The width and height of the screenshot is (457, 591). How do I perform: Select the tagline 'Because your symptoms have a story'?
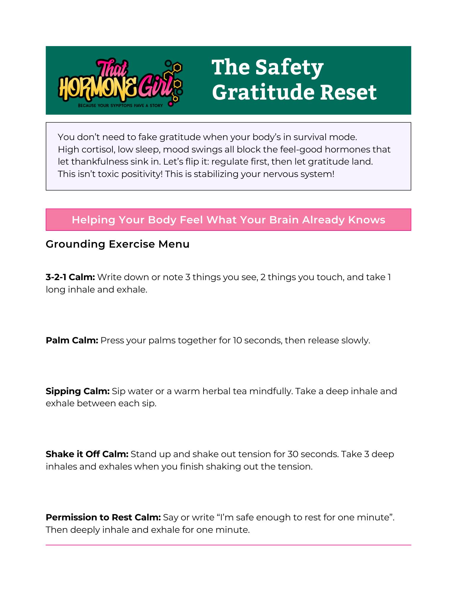point(120,105)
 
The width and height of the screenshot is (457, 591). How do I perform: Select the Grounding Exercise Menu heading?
point(117,244)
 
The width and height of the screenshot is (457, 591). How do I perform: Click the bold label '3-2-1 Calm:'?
point(70,277)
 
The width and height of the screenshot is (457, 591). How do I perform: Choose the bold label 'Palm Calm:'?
point(72,340)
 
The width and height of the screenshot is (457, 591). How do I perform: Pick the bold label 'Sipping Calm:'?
point(77,391)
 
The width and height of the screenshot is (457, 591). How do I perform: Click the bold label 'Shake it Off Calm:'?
point(87,454)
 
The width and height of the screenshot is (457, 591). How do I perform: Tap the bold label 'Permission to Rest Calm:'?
point(103,517)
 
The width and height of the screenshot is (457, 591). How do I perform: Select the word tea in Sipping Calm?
point(240,391)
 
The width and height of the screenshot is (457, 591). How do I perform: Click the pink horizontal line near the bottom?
point(228,545)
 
